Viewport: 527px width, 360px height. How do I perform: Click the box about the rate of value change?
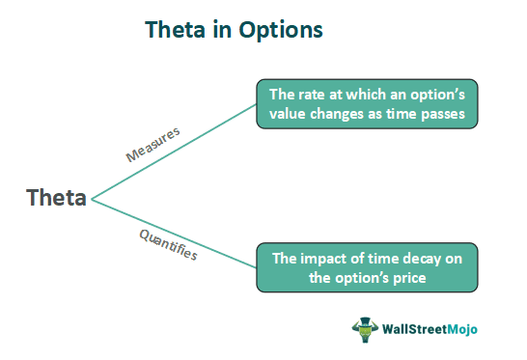[366, 104]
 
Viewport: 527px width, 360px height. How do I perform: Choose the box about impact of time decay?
[366, 267]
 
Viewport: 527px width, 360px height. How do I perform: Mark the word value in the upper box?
[291, 114]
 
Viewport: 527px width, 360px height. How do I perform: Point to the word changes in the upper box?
[344, 114]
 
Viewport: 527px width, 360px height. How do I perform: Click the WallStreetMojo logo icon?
[366, 329]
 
